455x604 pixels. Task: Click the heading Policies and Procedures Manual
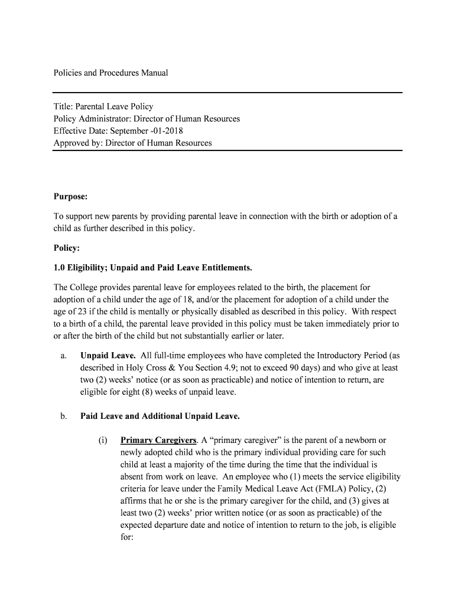[x=111, y=73]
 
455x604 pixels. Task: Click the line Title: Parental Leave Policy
[x=103, y=107]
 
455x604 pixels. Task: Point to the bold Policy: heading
[x=67, y=248]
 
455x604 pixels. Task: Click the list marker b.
[x=63, y=416]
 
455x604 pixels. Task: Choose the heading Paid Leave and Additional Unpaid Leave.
[x=160, y=416]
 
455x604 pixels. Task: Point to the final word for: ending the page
[x=126, y=537]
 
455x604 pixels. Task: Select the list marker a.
[x=63, y=356]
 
